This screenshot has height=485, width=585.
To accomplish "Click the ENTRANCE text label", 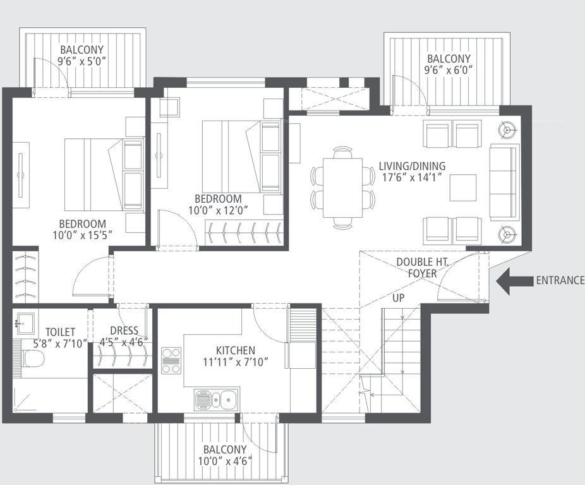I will [x=560, y=281].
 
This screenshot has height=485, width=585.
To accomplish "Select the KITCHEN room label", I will [x=235, y=350].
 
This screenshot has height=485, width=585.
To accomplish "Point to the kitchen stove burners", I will [x=171, y=361].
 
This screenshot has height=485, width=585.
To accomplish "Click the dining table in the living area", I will [x=342, y=188].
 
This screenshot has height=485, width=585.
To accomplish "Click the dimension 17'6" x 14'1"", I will [x=412, y=178].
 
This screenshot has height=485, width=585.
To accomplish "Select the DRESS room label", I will [x=123, y=330].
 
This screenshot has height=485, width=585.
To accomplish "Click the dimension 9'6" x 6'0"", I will [x=449, y=70].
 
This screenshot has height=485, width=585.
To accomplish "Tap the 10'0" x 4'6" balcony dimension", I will [x=224, y=461].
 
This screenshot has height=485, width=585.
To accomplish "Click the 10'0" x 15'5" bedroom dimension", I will [x=82, y=236].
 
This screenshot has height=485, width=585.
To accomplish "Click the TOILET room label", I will [x=60, y=332].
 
